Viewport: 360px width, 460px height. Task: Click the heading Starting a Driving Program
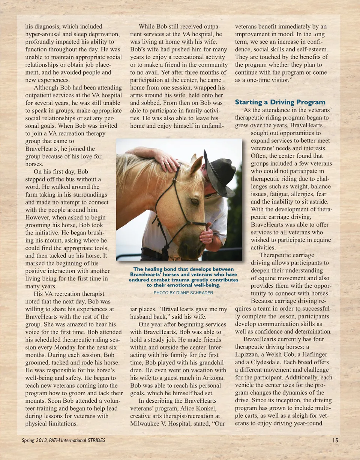point(280,102)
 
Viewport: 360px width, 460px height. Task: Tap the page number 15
point(335,440)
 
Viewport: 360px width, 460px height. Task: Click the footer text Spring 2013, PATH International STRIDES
point(63,440)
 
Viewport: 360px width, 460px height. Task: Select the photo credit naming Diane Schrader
point(183,292)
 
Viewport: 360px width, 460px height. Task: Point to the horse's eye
point(195,202)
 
